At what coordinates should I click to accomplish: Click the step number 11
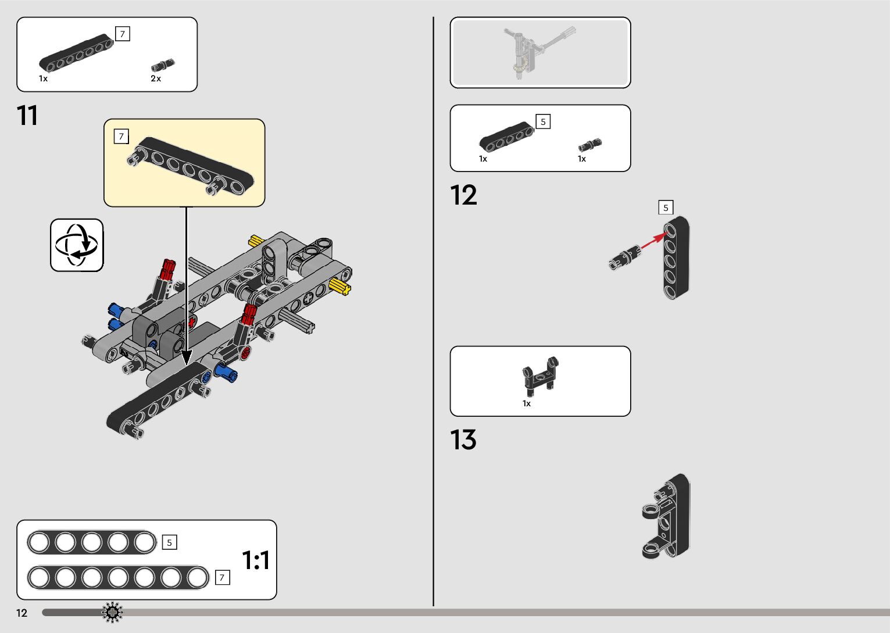(27, 116)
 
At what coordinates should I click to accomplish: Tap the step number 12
(463, 195)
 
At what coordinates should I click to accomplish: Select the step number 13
(463, 440)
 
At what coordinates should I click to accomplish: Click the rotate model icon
(77, 245)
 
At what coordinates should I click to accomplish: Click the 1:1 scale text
(256, 560)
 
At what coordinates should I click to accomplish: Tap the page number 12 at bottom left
(22, 613)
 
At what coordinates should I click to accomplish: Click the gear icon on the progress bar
(112, 612)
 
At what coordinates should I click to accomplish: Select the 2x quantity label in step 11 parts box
(156, 78)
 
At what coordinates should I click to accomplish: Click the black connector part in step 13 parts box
(541, 377)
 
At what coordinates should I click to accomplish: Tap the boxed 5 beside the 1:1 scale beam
(169, 542)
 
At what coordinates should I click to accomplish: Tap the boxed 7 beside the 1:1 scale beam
(221, 577)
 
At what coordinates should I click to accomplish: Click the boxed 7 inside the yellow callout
(121, 137)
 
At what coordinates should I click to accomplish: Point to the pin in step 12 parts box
(589, 145)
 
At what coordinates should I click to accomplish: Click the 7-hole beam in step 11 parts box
(76, 53)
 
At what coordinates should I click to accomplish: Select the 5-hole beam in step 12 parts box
(506, 135)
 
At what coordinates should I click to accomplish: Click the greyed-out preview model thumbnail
(539, 52)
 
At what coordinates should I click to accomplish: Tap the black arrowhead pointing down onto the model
(187, 356)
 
